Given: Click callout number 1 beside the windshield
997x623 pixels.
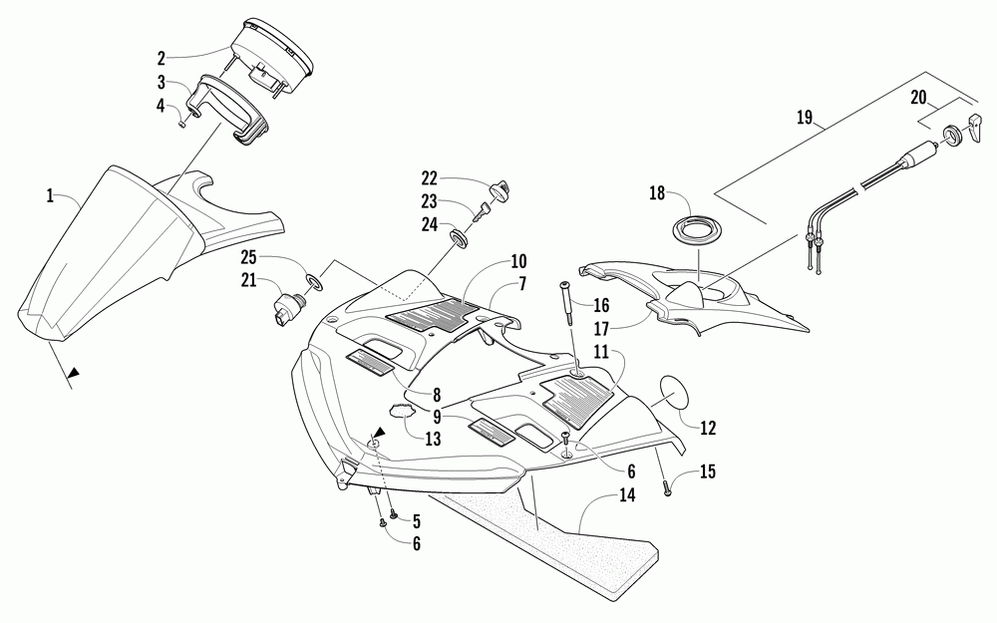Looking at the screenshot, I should (49, 196).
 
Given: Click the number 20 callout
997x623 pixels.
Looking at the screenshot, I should (918, 97).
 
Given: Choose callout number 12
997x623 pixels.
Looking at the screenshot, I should (709, 428).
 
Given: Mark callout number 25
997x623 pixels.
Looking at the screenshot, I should (246, 258).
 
